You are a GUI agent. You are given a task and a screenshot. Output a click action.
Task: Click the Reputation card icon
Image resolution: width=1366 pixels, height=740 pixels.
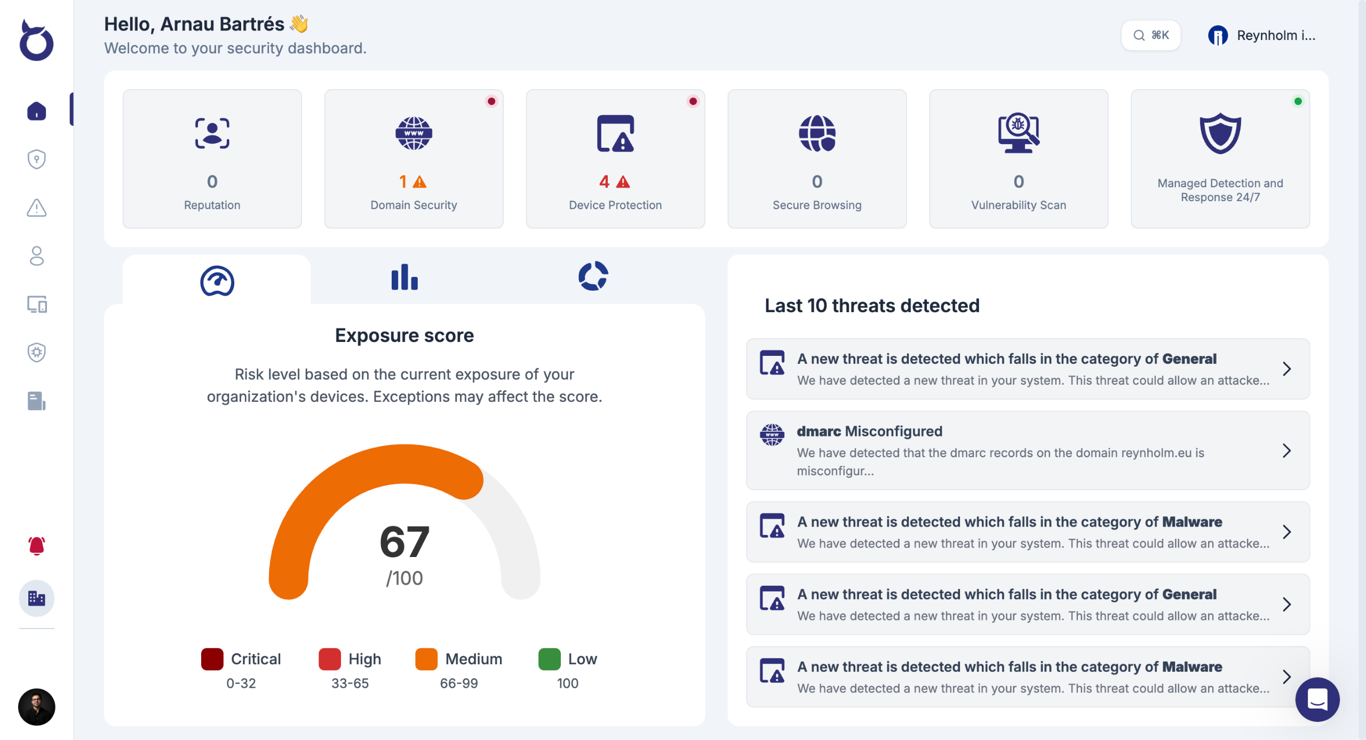click(212, 133)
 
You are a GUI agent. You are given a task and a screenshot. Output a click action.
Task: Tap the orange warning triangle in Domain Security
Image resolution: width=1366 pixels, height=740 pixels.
click(420, 182)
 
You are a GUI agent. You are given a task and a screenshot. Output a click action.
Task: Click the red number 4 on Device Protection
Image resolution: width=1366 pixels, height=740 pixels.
click(604, 182)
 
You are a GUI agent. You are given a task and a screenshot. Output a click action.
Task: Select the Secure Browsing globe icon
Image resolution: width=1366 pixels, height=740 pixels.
click(817, 133)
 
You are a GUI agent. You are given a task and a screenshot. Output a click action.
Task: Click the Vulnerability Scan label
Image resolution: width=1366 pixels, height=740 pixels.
click(1018, 205)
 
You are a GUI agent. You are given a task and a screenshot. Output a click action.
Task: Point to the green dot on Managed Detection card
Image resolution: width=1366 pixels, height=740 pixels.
click(1298, 101)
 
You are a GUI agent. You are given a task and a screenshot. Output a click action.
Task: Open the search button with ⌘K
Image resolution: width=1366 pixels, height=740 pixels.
click(1151, 35)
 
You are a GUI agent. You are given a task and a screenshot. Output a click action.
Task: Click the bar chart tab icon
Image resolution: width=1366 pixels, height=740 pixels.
click(404, 277)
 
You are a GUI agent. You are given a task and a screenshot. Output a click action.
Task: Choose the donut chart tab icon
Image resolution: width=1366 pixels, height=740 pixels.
click(593, 276)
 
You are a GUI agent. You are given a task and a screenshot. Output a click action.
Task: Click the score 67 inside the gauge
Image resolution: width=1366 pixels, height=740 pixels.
click(404, 542)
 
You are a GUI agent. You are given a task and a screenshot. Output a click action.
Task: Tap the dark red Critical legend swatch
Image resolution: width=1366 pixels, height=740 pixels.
click(212, 659)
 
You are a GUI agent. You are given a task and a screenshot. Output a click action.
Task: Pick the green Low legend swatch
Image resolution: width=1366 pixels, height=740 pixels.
click(549, 659)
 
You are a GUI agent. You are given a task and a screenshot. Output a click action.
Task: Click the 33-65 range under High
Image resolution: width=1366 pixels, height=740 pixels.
click(350, 683)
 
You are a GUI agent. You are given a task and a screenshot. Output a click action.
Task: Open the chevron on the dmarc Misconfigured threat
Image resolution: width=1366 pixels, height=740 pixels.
click(1286, 451)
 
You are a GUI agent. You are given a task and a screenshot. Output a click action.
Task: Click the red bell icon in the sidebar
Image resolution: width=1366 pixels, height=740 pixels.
click(36, 546)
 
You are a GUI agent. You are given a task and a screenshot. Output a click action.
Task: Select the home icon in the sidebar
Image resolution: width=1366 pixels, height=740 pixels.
click(36, 111)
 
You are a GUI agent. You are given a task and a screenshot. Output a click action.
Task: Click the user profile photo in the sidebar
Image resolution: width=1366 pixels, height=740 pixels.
click(36, 707)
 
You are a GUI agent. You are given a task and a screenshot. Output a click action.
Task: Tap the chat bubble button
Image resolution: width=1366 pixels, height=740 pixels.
click(1317, 699)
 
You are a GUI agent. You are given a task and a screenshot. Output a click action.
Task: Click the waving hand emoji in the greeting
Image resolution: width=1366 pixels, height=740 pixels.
click(299, 24)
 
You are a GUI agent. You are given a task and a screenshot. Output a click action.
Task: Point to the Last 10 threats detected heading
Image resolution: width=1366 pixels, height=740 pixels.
click(872, 306)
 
